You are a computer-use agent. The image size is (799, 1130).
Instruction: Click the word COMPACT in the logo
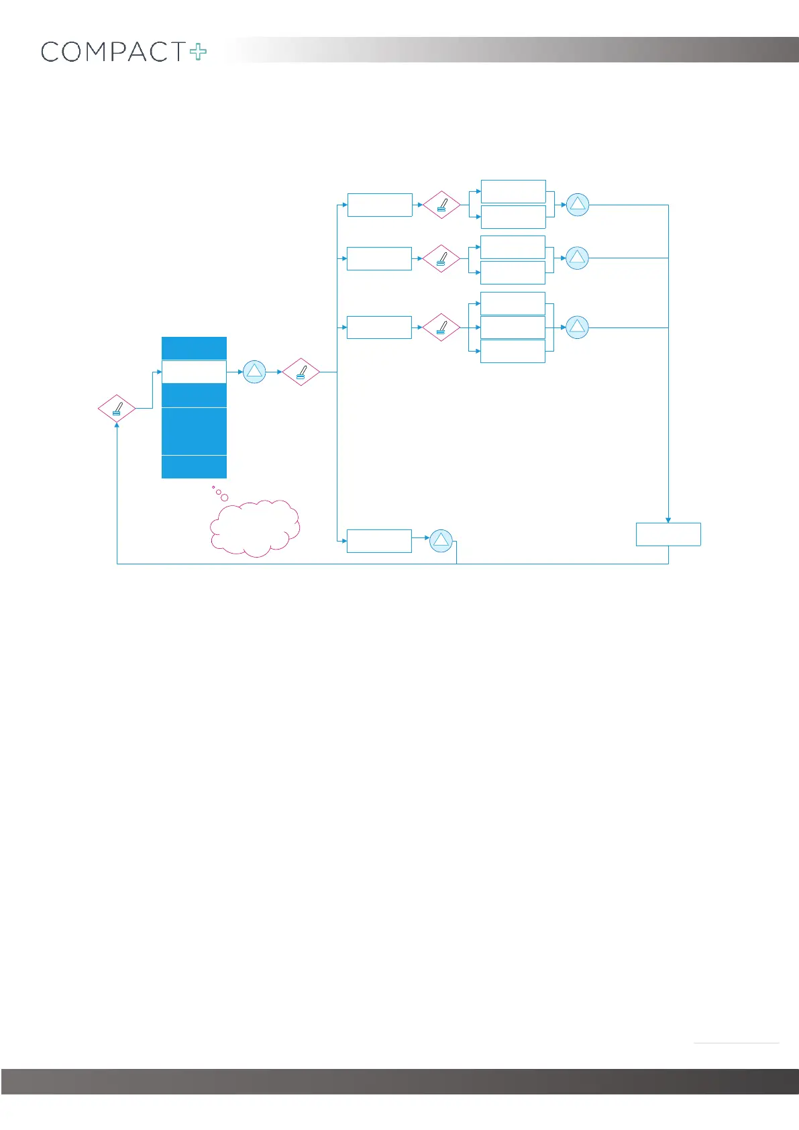(x=113, y=52)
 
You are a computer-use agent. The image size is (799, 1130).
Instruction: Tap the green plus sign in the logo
(x=199, y=52)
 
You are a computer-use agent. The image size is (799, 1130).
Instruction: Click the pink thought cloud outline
(x=255, y=527)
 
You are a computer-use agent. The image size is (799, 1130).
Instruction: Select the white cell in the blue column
(x=194, y=372)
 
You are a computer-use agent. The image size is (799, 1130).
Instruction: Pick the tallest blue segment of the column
(x=194, y=431)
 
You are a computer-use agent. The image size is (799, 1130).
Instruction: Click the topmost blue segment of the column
(x=194, y=348)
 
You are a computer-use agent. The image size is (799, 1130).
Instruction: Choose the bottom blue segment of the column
(x=194, y=467)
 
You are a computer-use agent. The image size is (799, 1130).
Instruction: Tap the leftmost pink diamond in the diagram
(x=117, y=408)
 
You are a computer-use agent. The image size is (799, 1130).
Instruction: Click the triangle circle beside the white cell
(x=254, y=372)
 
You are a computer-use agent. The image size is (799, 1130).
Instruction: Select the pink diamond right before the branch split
(x=301, y=372)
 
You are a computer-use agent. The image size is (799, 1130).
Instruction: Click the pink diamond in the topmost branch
(x=441, y=205)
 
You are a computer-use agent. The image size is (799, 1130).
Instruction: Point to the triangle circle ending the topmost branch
(x=578, y=205)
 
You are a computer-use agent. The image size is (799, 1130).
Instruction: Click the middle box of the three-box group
(x=513, y=327)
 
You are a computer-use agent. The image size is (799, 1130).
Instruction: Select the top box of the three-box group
(x=513, y=303)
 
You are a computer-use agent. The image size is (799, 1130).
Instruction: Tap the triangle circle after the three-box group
(x=578, y=327)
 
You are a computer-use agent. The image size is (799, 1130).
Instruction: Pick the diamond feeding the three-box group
(x=441, y=327)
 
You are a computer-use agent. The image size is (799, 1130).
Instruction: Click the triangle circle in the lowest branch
(x=441, y=541)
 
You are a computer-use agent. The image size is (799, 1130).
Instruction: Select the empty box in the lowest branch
(x=379, y=541)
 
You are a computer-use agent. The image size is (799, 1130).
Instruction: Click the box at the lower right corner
(x=668, y=535)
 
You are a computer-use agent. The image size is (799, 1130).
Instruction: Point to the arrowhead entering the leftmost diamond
(x=117, y=425)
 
